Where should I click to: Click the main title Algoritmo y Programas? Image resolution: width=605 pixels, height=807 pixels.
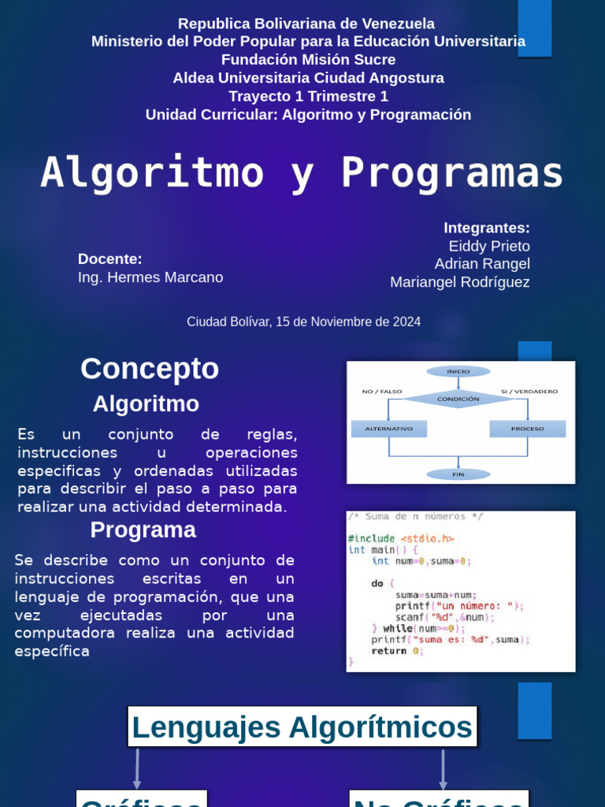coord(302,173)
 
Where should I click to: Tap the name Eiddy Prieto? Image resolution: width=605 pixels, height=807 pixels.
coord(489,246)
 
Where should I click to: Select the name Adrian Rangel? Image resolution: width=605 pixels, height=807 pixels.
coord(482,264)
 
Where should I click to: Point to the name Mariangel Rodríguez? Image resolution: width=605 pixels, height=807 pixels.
coord(460,282)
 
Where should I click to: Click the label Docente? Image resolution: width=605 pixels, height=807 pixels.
coord(110,259)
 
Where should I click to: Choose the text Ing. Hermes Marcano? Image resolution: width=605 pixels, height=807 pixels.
coord(150,277)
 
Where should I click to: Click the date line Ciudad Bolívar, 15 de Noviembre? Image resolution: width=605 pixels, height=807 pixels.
coord(303,322)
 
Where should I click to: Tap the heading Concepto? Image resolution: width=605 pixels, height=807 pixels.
coord(150,369)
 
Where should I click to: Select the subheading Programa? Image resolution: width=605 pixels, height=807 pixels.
coord(143,530)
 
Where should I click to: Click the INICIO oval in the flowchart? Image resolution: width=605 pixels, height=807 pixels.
coord(458,371)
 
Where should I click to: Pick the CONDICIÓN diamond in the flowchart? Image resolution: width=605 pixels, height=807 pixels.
coord(458,399)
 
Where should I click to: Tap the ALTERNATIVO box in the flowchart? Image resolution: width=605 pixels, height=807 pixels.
coord(388,429)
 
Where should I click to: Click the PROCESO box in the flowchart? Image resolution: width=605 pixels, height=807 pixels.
coord(527,429)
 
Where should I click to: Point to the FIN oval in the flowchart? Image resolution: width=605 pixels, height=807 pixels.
coord(458,474)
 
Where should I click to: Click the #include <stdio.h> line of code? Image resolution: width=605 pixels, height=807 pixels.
coord(401,538)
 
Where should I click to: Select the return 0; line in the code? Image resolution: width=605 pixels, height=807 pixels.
coord(397,651)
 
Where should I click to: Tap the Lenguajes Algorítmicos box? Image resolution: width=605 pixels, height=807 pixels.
coord(302,727)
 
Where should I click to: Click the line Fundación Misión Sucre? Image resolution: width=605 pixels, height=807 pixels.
coord(308,60)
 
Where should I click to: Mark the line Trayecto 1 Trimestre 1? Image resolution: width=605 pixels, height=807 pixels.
coord(308,96)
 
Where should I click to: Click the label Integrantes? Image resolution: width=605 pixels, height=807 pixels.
coord(487,228)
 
